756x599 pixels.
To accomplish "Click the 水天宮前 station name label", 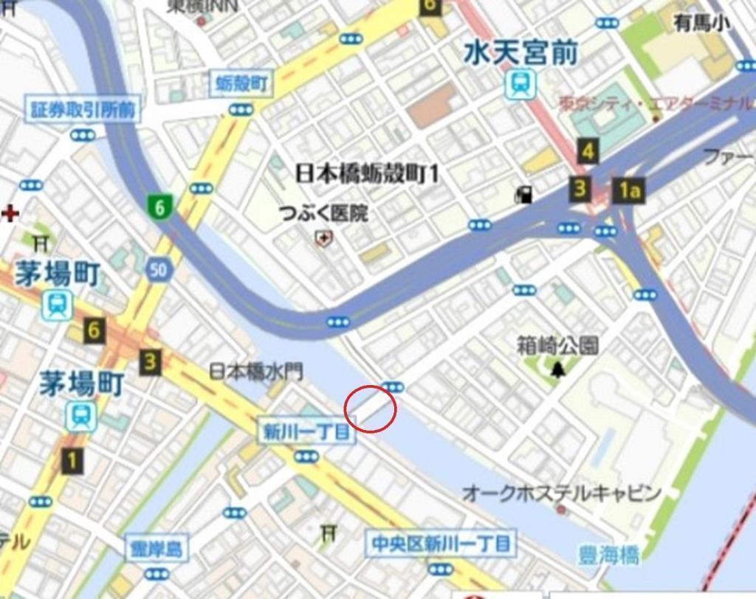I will (x=521, y=52).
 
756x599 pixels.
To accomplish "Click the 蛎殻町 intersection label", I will (x=241, y=84).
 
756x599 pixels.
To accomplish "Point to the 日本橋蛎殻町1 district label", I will (x=367, y=174).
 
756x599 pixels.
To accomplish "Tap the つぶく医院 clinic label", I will (x=323, y=214).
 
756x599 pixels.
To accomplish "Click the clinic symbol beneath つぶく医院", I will (x=323, y=238).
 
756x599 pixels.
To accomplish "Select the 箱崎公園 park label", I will (x=557, y=344).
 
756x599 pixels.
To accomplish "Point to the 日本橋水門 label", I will (x=256, y=371).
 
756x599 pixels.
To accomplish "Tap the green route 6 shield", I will (x=159, y=207).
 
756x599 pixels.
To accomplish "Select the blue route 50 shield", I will (x=158, y=270).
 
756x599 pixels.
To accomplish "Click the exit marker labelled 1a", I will (x=629, y=190).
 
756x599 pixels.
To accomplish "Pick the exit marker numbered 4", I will (x=588, y=152).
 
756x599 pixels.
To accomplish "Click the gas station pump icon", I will (x=524, y=195).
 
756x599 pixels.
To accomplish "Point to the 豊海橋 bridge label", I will (x=609, y=555).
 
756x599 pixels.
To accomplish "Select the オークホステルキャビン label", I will (x=561, y=493).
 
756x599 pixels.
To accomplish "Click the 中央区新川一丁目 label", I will (x=441, y=544).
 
